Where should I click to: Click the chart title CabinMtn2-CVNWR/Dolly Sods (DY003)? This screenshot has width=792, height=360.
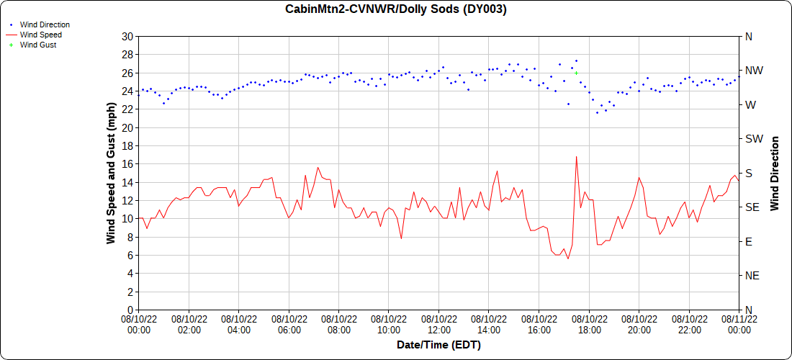click(396, 9)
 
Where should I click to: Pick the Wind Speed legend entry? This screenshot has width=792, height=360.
click(40, 35)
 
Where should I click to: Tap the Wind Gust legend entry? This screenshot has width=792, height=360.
click(37, 45)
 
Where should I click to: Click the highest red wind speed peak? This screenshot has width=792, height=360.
click(576, 156)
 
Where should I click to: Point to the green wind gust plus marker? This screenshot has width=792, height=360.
click(577, 73)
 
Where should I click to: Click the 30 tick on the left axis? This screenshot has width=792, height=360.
click(127, 36)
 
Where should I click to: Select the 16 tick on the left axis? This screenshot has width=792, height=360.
click(127, 163)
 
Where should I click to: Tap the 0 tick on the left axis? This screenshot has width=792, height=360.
click(130, 310)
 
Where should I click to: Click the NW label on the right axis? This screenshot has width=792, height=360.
click(754, 71)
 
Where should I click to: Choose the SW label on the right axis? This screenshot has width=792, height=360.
click(754, 139)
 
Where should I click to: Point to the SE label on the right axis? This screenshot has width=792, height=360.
click(752, 207)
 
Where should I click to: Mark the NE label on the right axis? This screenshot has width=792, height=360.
click(752, 276)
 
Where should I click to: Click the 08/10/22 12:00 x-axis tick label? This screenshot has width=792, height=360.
click(438, 324)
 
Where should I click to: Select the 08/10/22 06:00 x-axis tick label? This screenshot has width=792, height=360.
click(289, 324)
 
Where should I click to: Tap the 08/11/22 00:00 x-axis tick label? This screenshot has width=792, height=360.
click(739, 324)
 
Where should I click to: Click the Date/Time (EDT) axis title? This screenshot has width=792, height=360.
click(438, 345)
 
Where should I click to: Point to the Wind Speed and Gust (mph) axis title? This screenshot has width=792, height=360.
click(111, 173)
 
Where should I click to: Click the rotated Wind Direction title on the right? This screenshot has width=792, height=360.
click(775, 173)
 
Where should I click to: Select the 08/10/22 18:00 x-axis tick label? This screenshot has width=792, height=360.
click(589, 324)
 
